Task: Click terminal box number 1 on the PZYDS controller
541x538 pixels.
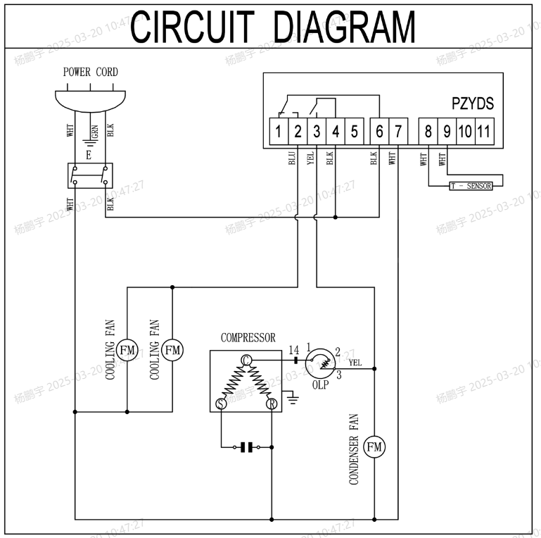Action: pyautogui.click(x=279, y=131)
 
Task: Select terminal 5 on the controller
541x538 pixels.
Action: pyautogui.click(x=355, y=131)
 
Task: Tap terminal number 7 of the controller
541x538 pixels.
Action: pyautogui.click(x=398, y=131)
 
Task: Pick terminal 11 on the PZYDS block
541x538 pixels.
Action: pyautogui.click(x=483, y=131)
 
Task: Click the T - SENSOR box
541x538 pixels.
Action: pyautogui.click(x=471, y=186)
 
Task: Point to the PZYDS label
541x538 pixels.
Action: pyautogui.click(x=473, y=104)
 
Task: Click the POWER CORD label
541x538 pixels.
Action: pyautogui.click(x=91, y=72)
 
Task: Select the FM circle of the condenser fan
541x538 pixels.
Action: pyautogui.click(x=374, y=446)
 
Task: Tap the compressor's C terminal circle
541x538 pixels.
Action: pyautogui.click(x=246, y=360)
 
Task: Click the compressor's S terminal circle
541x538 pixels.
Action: pyautogui.click(x=220, y=403)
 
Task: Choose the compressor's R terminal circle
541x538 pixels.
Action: pyautogui.click(x=272, y=403)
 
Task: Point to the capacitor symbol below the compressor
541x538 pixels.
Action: pyautogui.click(x=246, y=446)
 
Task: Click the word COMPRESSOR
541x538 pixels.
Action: pyautogui.click(x=248, y=338)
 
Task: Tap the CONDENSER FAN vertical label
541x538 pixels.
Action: pyautogui.click(x=354, y=449)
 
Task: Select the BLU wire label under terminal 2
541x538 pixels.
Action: pyautogui.click(x=292, y=158)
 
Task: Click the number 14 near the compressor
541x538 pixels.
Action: pyautogui.click(x=294, y=349)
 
